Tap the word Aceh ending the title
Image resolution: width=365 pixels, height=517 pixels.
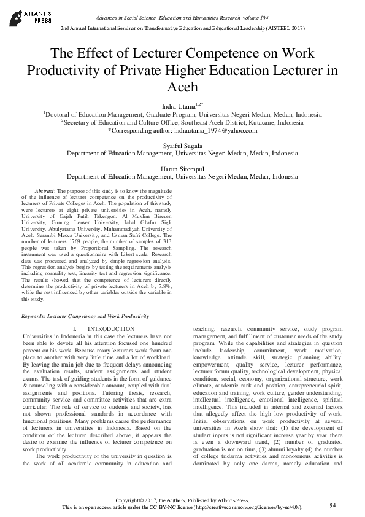182,88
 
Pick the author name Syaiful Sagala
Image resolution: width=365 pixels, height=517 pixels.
182,145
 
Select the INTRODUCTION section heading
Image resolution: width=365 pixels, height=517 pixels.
110,330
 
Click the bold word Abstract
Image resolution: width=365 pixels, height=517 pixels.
45,192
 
